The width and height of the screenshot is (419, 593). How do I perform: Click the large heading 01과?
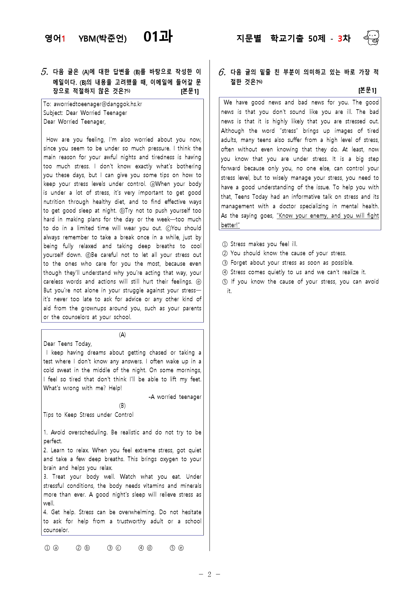158,37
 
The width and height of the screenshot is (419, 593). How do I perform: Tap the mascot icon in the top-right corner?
372,38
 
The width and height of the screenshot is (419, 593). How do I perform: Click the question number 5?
45,72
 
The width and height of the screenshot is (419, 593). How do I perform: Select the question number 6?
222,72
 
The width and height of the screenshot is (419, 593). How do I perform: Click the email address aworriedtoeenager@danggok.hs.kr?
98,104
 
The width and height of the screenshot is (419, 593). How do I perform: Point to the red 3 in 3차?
340,39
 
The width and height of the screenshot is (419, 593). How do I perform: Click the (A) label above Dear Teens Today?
122,335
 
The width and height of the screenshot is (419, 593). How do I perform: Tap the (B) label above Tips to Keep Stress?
122,406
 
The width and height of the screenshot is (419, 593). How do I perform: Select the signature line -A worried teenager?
175,397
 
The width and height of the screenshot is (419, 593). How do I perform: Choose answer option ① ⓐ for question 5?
52,548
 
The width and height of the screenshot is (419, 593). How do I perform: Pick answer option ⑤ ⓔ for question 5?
177,548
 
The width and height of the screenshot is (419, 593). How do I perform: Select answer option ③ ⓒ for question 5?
114,548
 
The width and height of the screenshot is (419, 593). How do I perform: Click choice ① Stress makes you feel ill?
260,244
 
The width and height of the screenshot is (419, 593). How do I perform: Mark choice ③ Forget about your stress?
288,263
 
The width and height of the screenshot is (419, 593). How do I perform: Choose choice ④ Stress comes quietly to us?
294,272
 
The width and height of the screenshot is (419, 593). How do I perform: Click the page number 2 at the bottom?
209,574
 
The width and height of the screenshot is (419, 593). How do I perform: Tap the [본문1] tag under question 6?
367,90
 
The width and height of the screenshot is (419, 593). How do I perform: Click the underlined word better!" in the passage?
230,225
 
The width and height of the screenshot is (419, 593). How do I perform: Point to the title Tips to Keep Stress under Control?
89,415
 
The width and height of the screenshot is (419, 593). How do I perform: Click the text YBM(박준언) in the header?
102,39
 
